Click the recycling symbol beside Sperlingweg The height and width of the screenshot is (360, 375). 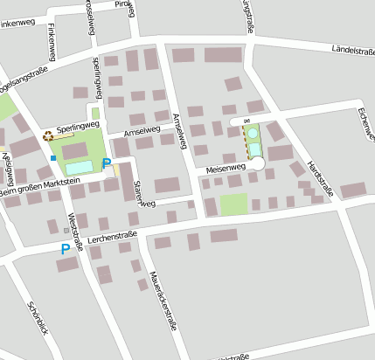click(48, 135)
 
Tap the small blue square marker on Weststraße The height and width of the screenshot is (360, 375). click(53, 158)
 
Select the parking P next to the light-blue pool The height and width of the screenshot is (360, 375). click(107, 163)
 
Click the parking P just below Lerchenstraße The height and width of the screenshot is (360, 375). click(65, 249)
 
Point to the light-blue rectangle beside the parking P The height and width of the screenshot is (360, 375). click(79, 166)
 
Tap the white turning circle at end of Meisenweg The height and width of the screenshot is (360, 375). click(257, 163)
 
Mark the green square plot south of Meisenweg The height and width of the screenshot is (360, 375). click(233, 204)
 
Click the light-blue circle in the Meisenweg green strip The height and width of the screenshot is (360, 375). click(253, 134)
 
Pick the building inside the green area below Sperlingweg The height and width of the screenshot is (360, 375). click(74, 149)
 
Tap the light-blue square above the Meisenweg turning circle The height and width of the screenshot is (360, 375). click(255, 149)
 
